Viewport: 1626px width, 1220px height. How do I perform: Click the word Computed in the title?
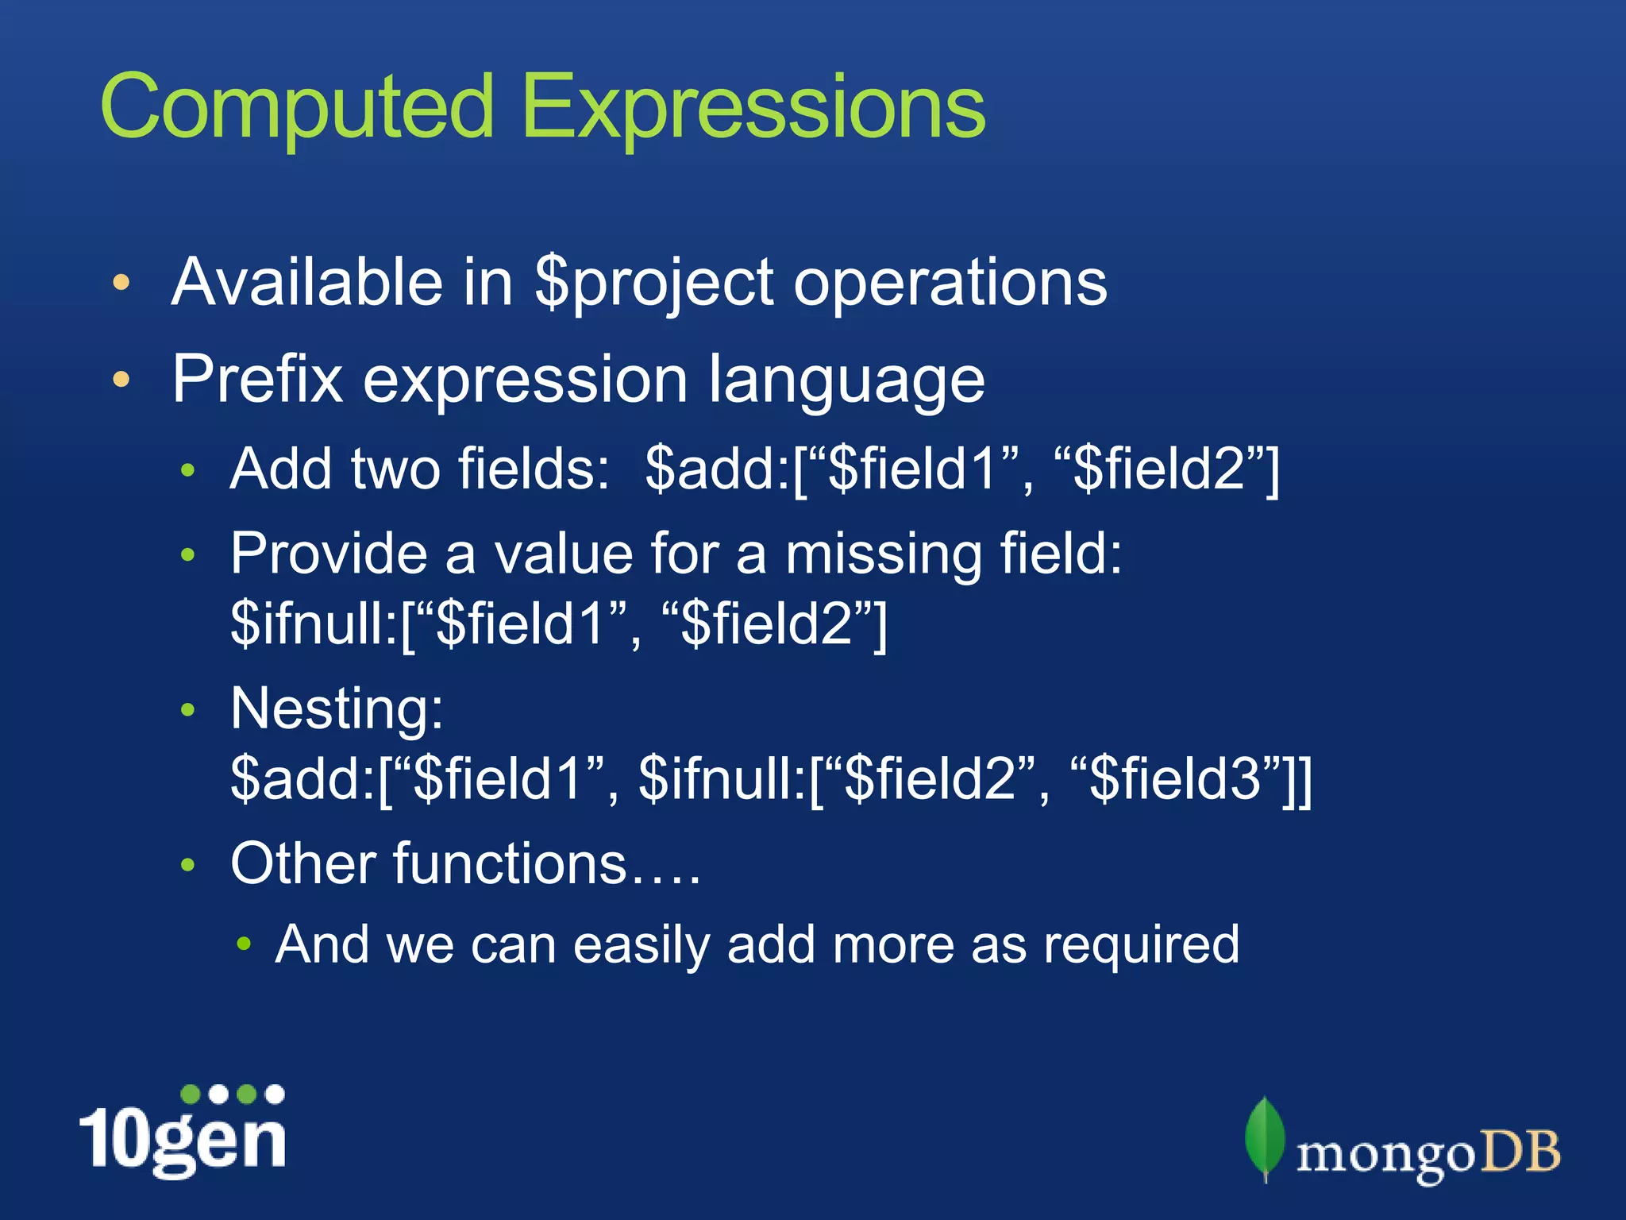298,107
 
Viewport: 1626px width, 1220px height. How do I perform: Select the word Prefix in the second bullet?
257,380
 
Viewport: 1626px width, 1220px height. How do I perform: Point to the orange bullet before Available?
121,282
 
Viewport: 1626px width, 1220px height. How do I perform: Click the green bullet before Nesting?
187,709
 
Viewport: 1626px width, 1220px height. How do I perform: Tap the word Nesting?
337,709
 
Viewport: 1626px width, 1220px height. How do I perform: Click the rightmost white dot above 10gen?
275,1094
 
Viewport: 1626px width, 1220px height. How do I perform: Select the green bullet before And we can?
245,944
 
